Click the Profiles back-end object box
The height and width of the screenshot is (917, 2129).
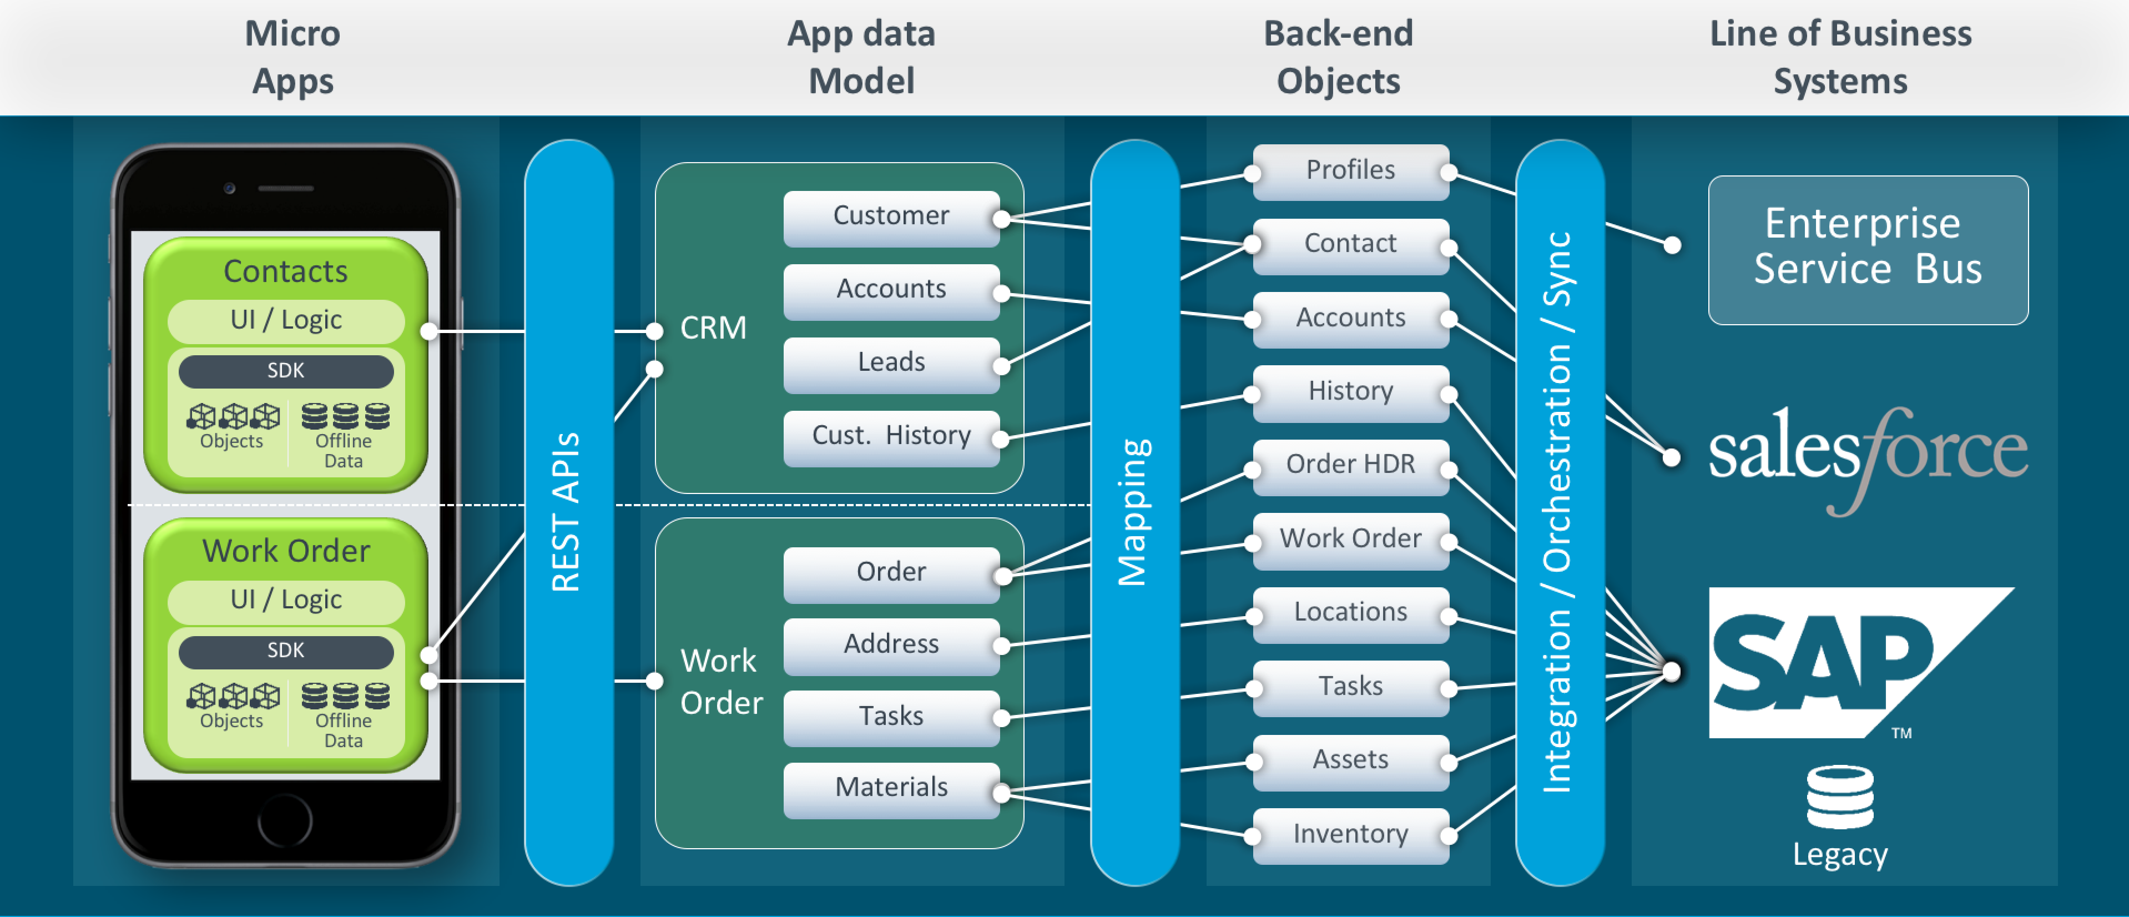click(1350, 171)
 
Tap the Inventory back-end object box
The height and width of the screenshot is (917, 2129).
click(1350, 834)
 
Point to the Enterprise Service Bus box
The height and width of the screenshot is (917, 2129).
click(1867, 248)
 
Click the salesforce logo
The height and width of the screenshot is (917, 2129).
click(1867, 455)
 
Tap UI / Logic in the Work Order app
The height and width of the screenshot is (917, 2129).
click(286, 600)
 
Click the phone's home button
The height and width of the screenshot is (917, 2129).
click(285, 820)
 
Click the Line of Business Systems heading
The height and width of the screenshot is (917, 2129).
click(1840, 56)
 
